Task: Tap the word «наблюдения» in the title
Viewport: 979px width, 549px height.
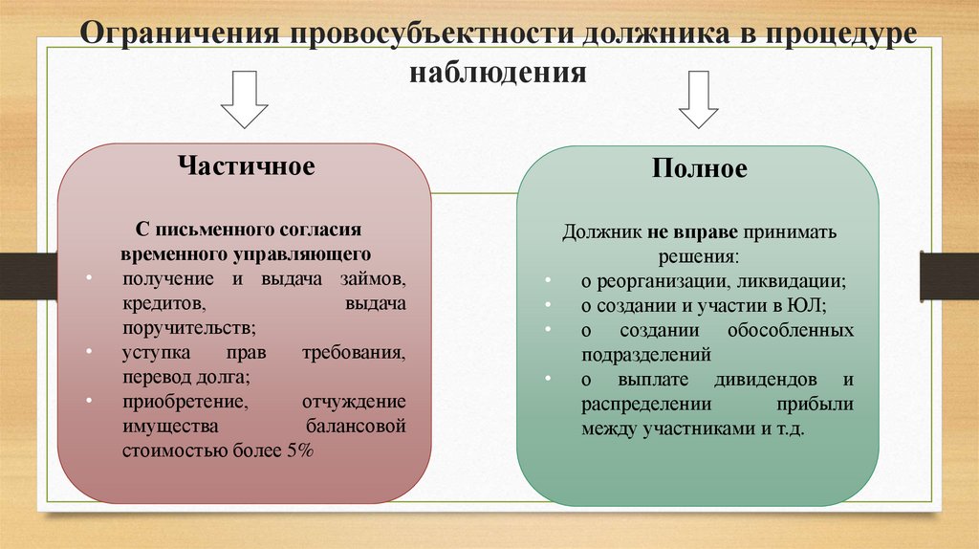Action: pyautogui.click(x=497, y=73)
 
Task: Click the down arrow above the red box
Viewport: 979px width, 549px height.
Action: pyautogui.click(x=244, y=102)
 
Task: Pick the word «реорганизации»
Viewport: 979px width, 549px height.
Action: pyautogui.click(x=668, y=282)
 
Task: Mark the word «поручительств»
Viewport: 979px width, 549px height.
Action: pyautogui.click(x=187, y=328)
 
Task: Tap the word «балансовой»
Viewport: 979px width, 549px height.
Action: pyautogui.click(x=356, y=426)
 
